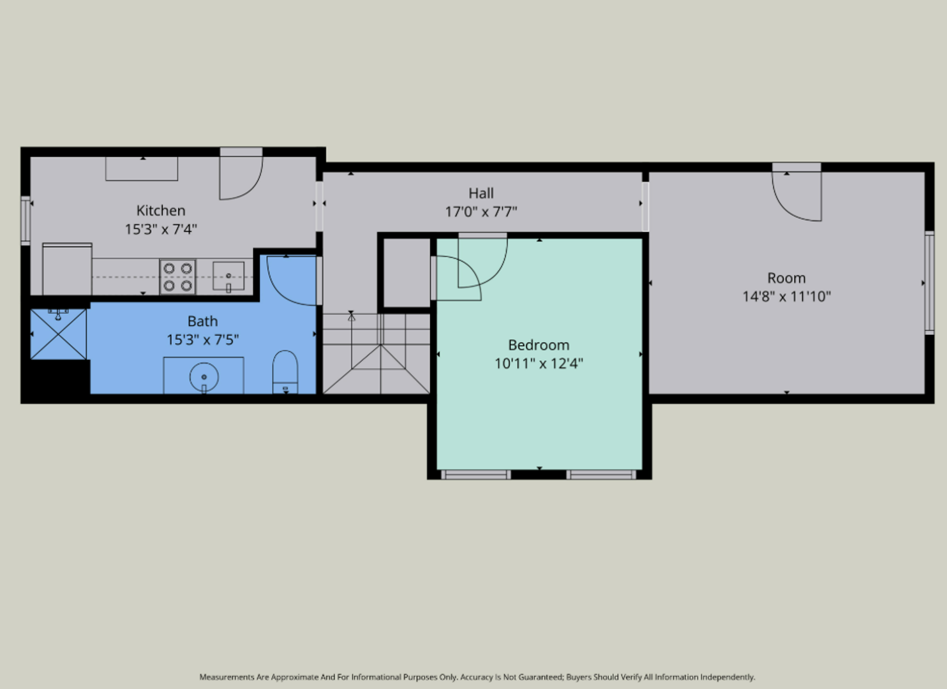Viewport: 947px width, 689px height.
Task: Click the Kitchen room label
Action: tap(161, 210)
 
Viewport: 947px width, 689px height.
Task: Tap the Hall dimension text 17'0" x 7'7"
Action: tap(481, 211)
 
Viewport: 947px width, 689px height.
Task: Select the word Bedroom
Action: tap(539, 345)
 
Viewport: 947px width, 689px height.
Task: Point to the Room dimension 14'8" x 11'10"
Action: tap(787, 296)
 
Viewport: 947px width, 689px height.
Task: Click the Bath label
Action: tap(202, 322)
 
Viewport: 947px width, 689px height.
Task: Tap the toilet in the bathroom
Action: tap(285, 372)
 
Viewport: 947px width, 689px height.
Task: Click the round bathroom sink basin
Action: tap(204, 376)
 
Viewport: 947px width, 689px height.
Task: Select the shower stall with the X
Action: tap(58, 334)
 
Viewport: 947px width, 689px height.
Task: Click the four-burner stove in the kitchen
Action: tap(177, 277)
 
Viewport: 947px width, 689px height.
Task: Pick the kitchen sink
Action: tap(228, 276)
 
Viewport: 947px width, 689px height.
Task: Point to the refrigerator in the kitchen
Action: tap(67, 269)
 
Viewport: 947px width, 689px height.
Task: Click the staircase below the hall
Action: tap(377, 353)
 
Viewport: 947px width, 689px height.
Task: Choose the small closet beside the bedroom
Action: tap(406, 272)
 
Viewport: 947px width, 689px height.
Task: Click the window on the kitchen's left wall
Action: tap(26, 220)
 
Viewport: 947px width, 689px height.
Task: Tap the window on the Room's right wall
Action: tap(929, 283)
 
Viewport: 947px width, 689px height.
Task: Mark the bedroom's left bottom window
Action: tap(476, 475)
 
